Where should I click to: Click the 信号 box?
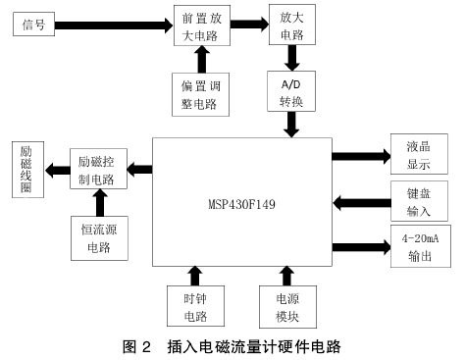point(34,26)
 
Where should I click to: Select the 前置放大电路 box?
point(201,26)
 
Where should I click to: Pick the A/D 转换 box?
point(291,92)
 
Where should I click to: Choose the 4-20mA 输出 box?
point(419,246)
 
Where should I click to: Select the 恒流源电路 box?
point(97,237)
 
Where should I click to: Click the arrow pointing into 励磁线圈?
point(55,169)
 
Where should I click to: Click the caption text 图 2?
point(137,346)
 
